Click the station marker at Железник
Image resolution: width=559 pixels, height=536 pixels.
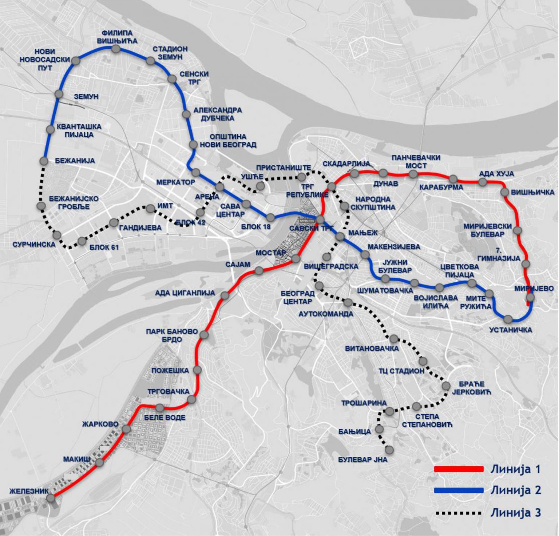point(51,498)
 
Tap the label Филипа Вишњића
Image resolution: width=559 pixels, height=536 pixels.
point(117,37)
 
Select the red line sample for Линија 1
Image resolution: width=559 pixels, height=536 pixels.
point(459,469)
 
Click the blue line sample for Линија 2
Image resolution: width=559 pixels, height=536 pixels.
point(459,491)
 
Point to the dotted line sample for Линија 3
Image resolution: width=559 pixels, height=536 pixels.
point(459,513)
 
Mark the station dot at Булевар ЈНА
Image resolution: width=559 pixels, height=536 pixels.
point(389,450)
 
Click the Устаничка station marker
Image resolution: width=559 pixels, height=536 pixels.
point(508,319)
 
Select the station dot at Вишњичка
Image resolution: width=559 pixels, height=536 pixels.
point(504,192)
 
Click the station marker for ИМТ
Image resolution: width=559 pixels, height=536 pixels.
point(150,209)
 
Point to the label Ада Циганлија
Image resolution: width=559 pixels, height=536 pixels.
point(185,293)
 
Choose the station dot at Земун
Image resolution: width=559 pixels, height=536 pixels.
point(59,94)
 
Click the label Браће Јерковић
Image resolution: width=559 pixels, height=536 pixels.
point(471,388)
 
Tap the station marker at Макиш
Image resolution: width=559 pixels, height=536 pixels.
point(100,462)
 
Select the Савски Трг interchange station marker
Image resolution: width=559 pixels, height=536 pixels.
point(320,219)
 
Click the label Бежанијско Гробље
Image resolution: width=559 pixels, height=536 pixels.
point(74,203)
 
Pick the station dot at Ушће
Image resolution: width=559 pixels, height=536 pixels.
point(260,186)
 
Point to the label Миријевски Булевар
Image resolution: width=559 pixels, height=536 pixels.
point(487,230)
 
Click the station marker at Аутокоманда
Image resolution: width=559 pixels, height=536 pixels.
point(348,302)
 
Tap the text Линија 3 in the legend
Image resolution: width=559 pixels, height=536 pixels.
point(516,513)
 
